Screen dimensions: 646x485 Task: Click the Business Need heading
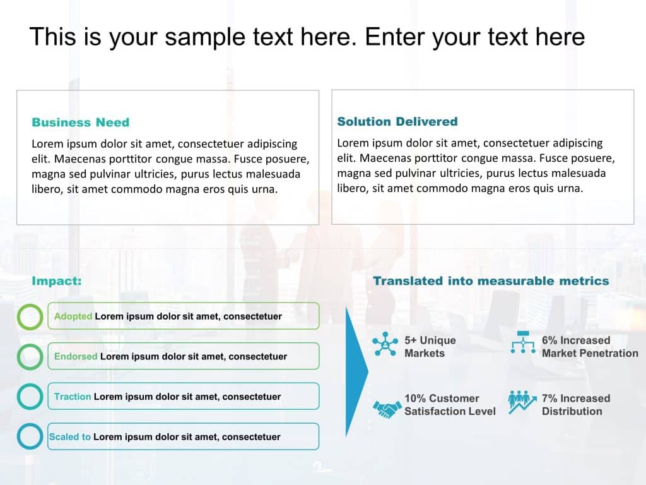[80, 123]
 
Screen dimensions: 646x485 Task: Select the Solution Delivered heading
[397, 122]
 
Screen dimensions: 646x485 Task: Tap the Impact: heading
[56, 281]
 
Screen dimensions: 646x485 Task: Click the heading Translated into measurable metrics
[491, 281]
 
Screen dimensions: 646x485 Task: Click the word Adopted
[73, 316]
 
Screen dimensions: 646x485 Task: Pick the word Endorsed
[76, 356]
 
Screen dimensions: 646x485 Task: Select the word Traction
[73, 397]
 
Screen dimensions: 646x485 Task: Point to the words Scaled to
[69, 437]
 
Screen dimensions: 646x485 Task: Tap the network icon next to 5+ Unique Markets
[385, 344]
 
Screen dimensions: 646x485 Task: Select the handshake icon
[387, 409]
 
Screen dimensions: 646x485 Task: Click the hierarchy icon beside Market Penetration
[523, 342]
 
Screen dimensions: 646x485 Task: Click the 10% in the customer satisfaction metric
[415, 398]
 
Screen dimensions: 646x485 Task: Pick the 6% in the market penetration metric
[549, 340]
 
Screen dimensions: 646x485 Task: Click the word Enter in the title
[394, 37]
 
